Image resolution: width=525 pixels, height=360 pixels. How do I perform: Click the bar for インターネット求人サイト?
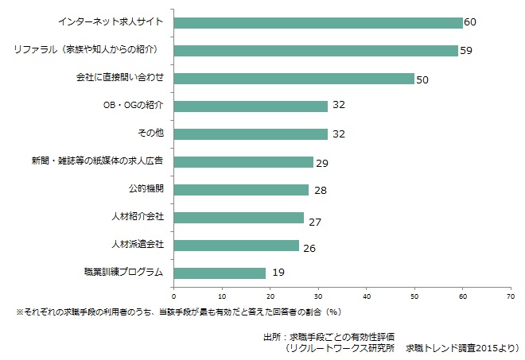[x=317, y=22]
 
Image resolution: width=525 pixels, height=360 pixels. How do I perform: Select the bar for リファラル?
[x=315, y=50]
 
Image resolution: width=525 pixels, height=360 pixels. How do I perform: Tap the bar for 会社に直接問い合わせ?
[x=294, y=78]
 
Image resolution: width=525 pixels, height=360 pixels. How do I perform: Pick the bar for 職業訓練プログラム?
[x=219, y=273]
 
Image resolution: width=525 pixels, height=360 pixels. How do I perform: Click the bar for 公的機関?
[x=240, y=189]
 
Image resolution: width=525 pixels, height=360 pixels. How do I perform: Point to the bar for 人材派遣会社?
[x=235, y=245]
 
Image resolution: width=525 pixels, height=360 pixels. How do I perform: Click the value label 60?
[x=469, y=23]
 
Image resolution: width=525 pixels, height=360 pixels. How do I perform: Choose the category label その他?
[x=151, y=134]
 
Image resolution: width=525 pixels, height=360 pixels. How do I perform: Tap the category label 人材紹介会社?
[x=137, y=217]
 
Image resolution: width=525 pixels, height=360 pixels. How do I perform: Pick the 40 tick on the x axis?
[x=366, y=297]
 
